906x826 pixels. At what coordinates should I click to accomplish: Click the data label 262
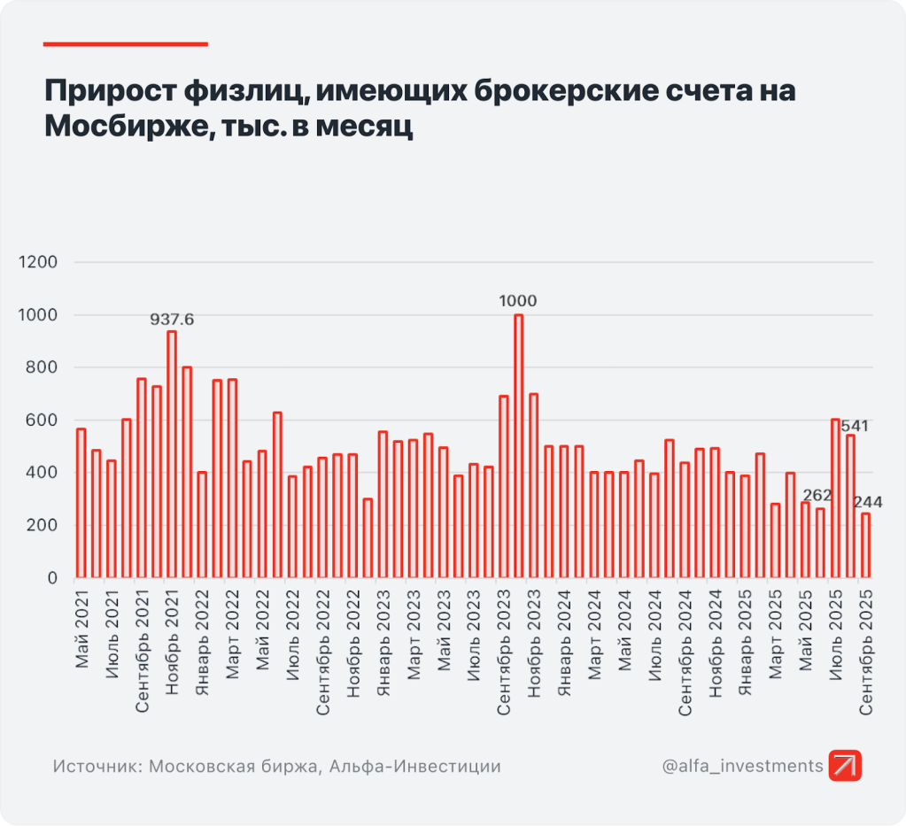[817, 495]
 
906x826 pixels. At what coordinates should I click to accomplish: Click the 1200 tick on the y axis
[39, 263]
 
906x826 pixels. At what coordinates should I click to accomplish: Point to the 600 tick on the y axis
[43, 421]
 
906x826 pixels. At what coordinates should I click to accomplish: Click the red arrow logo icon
[845, 766]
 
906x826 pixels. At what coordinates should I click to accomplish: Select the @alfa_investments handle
[742, 766]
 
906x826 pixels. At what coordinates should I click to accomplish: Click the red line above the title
[125, 43]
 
